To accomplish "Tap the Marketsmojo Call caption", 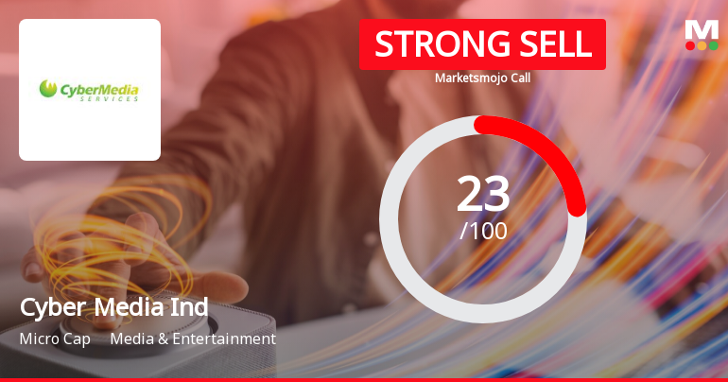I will click(482, 78).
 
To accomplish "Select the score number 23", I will click(483, 194).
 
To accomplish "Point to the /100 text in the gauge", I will click(483, 230).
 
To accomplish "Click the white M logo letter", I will click(702, 29).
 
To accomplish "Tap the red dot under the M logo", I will click(690, 45).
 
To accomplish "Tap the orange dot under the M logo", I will click(702, 45).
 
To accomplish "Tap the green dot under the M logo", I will click(713, 45).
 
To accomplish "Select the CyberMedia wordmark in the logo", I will click(100, 90).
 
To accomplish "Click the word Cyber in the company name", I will click(48, 308).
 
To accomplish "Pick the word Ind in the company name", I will click(188, 308).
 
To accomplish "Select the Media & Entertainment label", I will click(193, 339).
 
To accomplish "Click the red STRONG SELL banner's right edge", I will click(602, 44).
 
